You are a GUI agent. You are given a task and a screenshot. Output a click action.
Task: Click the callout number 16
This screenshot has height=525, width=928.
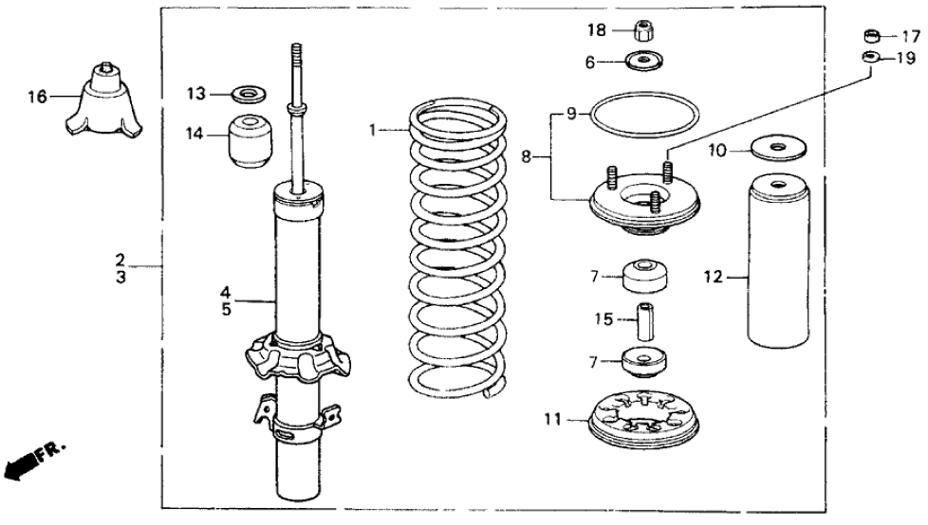click(37, 97)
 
